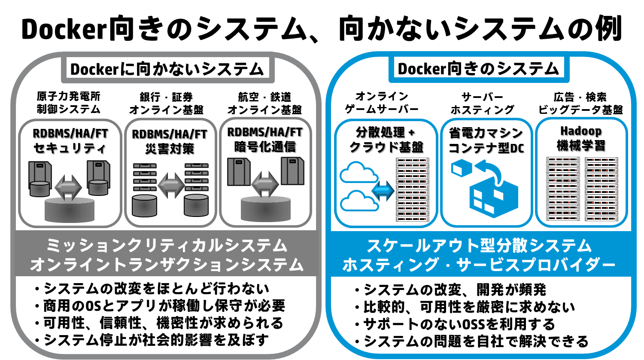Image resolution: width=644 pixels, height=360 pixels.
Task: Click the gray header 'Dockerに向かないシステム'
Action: tap(167, 69)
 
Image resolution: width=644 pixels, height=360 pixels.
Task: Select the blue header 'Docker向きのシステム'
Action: tap(478, 69)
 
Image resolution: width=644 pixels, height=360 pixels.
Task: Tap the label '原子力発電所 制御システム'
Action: tap(68, 103)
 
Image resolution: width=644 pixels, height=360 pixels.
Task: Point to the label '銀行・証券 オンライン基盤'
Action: tap(166, 103)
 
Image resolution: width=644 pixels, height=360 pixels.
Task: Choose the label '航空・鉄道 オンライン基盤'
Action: tap(264, 103)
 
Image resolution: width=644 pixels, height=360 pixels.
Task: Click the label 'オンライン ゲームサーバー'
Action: tap(382, 103)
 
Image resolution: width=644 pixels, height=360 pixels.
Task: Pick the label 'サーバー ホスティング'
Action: tap(482, 103)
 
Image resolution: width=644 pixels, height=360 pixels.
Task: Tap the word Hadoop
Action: tap(581, 131)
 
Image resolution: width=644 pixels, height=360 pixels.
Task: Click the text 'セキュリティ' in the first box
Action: tap(70, 148)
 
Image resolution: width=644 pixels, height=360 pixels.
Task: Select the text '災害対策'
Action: tap(170, 149)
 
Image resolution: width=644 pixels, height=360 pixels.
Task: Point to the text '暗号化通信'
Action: tap(265, 147)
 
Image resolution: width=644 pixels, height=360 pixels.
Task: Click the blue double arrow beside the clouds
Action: tap(383, 190)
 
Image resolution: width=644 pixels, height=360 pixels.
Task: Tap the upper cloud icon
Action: tap(359, 172)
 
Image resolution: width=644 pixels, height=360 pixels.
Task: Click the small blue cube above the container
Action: tap(462, 168)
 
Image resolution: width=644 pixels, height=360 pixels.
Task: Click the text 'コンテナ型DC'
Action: tap(486, 148)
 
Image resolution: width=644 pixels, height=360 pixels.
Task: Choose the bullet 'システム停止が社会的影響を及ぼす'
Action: tap(152, 340)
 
